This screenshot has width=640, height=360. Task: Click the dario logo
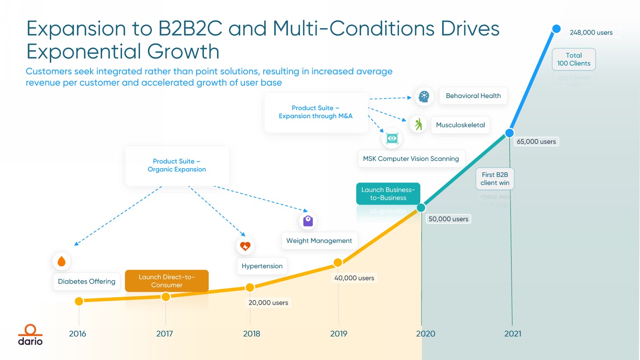pyautogui.click(x=30, y=335)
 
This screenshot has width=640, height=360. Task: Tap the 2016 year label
pyautogui.click(x=78, y=334)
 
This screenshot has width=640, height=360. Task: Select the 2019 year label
pyautogui.click(x=339, y=334)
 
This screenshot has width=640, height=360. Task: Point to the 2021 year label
pyautogui.click(x=513, y=334)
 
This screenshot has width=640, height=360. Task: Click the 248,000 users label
pyautogui.click(x=591, y=32)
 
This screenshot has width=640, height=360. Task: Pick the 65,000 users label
pyautogui.click(x=536, y=142)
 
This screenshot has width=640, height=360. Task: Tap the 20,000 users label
pyautogui.click(x=268, y=303)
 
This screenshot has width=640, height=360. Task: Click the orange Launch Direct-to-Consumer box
pyautogui.click(x=167, y=281)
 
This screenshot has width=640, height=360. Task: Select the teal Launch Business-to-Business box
pyautogui.click(x=388, y=194)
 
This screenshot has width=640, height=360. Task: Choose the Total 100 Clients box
pyautogui.click(x=574, y=59)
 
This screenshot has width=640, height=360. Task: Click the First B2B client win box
pyautogui.click(x=495, y=179)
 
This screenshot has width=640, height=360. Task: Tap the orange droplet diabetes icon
pyautogui.click(x=61, y=261)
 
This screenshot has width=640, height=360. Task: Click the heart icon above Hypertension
pyautogui.click(x=245, y=246)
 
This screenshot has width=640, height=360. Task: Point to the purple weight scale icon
pyautogui.click(x=308, y=221)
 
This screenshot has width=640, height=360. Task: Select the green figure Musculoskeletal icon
pyautogui.click(x=418, y=124)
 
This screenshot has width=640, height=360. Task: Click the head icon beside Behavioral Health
pyautogui.click(x=424, y=96)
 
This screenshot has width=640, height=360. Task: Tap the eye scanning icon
pyautogui.click(x=392, y=138)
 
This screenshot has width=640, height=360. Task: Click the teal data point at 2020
pyautogui.click(x=421, y=208)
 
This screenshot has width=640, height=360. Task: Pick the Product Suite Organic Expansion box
pyautogui.click(x=177, y=165)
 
